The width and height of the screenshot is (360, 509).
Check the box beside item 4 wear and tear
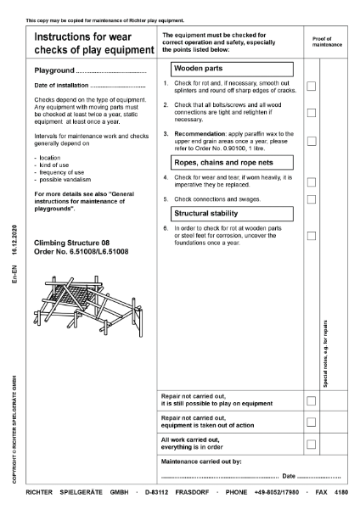[x=311, y=182]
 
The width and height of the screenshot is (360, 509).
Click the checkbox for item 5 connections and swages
[x=311, y=199]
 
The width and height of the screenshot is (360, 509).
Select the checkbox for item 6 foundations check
[x=311, y=235]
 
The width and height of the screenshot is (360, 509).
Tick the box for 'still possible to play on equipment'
[x=311, y=400]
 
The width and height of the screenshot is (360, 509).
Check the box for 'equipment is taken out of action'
[x=311, y=422]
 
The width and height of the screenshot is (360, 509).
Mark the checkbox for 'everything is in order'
[x=311, y=444]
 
